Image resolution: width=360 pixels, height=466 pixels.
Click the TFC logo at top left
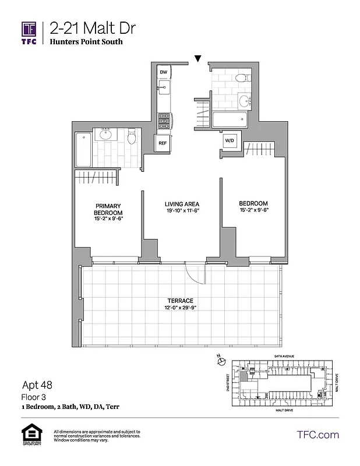pos(29,32)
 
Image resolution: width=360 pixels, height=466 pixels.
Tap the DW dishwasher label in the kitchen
pos(164,72)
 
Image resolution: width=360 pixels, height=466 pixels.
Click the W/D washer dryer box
pos(228,140)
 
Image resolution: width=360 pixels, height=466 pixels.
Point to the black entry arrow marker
pos(198,58)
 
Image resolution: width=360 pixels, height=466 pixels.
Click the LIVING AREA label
pos(182,203)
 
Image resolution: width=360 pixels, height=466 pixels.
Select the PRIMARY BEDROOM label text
pos(109,210)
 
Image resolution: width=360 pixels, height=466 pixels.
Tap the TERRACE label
pos(182,300)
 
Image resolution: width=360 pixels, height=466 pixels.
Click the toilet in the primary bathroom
pos(132,137)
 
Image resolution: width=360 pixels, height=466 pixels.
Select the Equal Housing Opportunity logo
pos(29,435)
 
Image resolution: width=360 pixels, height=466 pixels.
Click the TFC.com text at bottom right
pos(317,435)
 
